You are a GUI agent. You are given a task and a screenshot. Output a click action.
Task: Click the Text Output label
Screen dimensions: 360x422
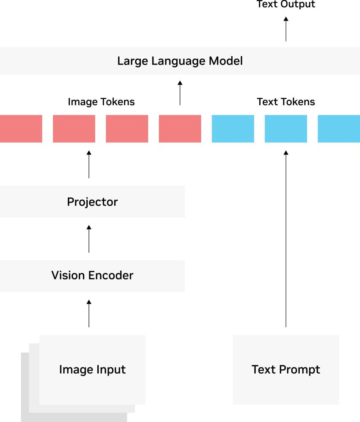[x=286, y=4]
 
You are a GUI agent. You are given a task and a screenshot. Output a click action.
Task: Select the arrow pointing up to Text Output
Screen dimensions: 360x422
[x=286, y=29]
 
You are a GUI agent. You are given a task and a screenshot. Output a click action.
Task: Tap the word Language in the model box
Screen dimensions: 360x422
[x=180, y=61]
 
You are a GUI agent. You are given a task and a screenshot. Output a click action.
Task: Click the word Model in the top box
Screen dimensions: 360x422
[x=226, y=61]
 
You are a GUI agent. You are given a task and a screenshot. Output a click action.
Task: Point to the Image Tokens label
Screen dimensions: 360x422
[x=101, y=102]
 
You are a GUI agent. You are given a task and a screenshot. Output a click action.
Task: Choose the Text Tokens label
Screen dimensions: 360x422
[x=286, y=102]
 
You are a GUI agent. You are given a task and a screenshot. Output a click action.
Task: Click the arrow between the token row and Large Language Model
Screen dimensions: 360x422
[x=180, y=93]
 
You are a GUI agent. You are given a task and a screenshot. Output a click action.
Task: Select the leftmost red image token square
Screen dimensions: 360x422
[x=21, y=129]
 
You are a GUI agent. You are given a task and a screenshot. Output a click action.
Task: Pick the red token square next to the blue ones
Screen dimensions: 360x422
[x=180, y=129]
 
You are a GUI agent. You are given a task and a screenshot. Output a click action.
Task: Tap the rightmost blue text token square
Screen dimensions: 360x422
[x=339, y=129]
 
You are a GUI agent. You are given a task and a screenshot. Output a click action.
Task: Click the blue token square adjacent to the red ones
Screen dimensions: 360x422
[x=233, y=129]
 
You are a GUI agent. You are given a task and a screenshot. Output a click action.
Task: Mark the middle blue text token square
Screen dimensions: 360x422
[x=286, y=129]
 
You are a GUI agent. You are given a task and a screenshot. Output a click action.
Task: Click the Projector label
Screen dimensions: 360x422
[x=92, y=202]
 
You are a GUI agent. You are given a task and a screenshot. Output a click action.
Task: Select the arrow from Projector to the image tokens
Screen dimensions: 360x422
[x=89, y=165]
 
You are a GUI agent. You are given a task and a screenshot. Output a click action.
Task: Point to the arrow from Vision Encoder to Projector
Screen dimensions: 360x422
[x=89, y=239]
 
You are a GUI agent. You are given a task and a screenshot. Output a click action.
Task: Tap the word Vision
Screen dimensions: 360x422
[x=68, y=275]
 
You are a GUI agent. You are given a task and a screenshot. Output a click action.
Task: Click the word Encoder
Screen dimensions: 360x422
[x=111, y=275]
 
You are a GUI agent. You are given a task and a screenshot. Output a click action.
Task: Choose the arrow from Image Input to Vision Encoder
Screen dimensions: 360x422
[x=89, y=314]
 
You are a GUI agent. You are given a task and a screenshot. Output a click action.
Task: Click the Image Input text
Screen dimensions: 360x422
[x=92, y=370]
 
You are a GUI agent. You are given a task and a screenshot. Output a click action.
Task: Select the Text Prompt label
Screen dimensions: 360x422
[x=286, y=370]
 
